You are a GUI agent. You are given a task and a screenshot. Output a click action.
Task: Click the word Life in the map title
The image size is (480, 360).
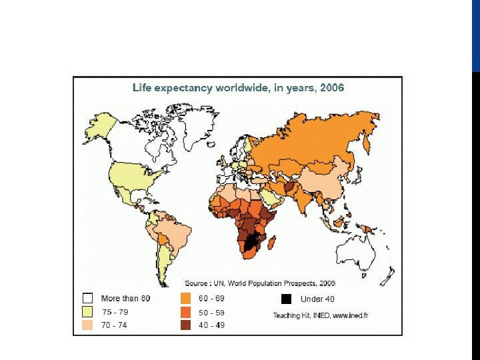[x=143, y=87]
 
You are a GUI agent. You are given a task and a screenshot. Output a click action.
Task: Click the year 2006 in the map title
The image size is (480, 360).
[x=332, y=87]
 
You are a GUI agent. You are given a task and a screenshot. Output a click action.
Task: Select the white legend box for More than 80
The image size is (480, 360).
[x=87, y=298]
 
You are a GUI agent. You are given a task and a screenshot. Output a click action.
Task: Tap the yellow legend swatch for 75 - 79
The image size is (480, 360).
[x=87, y=311]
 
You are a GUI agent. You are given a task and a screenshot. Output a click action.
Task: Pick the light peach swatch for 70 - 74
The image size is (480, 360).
[x=87, y=325]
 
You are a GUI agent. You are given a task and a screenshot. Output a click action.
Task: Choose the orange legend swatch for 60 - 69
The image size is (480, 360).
[x=185, y=298]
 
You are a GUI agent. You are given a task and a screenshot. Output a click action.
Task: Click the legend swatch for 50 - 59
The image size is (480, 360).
[x=185, y=311]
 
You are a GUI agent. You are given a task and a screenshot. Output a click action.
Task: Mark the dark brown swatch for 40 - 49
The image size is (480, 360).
[x=185, y=325]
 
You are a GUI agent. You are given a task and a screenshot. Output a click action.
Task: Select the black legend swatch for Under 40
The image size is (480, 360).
[x=287, y=299]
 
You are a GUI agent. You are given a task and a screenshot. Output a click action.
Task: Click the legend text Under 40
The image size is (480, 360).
[x=317, y=299]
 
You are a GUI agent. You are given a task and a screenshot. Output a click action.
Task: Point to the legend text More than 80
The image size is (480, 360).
[x=125, y=298]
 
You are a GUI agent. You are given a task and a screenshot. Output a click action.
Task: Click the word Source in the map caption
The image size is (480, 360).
[x=197, y=283]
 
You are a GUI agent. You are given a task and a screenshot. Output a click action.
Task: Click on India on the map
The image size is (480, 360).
[x=307, y=199]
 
